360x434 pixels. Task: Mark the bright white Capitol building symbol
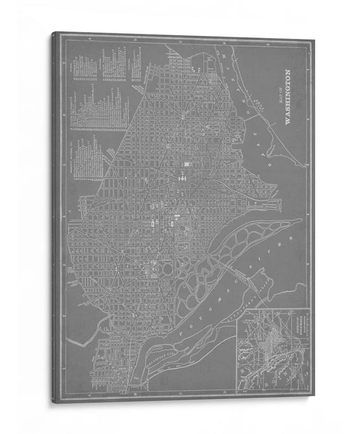(184, 178)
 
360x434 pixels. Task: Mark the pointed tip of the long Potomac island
(301, 220)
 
